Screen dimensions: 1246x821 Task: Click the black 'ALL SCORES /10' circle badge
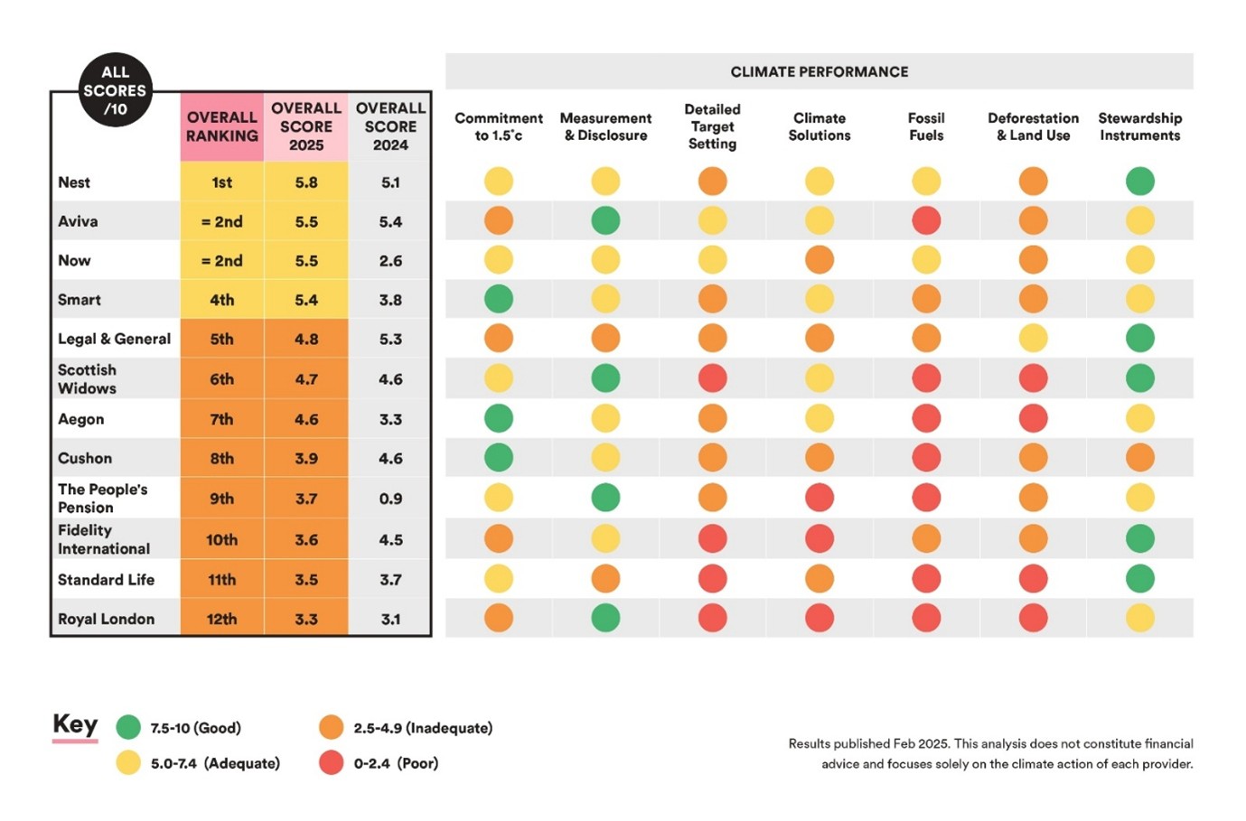[115, 90]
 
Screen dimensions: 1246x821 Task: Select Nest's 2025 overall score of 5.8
[306, 182]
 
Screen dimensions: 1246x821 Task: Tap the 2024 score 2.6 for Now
[390, 261]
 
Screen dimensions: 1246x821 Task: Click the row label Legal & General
[114, 339]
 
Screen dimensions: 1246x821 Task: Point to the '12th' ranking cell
[221, 619]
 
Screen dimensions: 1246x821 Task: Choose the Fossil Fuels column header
[926, 126]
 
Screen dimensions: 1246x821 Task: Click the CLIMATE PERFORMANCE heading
[820, 71]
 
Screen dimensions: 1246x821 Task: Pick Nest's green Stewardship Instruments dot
[1139, 182]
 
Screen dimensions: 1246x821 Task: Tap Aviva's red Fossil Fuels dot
[926, 220]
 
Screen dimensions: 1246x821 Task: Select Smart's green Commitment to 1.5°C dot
[499, 299]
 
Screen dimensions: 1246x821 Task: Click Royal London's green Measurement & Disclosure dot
[605, 618]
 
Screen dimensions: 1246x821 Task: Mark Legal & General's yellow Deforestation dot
[1033, 338]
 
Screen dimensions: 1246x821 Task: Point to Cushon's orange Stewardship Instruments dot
[1139, 458]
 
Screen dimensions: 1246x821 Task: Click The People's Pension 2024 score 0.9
[390, 499]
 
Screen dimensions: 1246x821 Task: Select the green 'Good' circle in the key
[128, 728]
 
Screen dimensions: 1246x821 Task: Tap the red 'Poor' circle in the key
[331, 762]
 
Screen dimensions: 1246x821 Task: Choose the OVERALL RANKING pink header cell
[221, 126]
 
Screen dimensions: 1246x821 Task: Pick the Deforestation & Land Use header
[1033, 126]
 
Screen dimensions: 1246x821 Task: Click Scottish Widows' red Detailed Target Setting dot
[712, 378]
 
